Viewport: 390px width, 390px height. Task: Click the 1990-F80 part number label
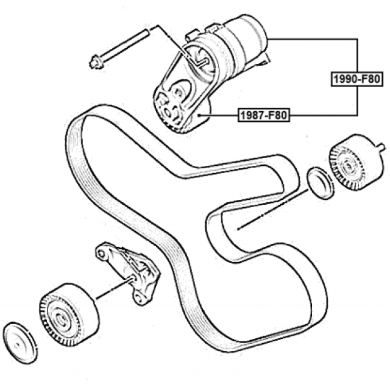(x=357, y=79)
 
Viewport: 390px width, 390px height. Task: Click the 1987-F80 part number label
(x=264, y=115)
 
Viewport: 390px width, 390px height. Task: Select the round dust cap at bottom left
(x=20, y=343)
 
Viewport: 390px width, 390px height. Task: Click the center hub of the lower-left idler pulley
(x=60, y=319)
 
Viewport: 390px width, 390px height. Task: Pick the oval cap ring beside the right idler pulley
(x=321, y=183)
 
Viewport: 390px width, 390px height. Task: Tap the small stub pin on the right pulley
(x=381, y=147)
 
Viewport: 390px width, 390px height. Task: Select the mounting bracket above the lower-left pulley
(x=128, y=273)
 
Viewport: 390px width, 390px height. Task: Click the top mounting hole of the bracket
(x=101, y=253)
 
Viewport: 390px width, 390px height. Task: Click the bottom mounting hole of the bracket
(x=139, y=297)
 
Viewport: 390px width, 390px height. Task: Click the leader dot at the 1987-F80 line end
(x=199, y=115)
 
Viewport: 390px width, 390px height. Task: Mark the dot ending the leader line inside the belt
(x=238, y=229)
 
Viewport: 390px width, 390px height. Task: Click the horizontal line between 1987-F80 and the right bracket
(x=324, y=115)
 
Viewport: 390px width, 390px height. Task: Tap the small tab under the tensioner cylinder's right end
(x=264, y=60)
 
